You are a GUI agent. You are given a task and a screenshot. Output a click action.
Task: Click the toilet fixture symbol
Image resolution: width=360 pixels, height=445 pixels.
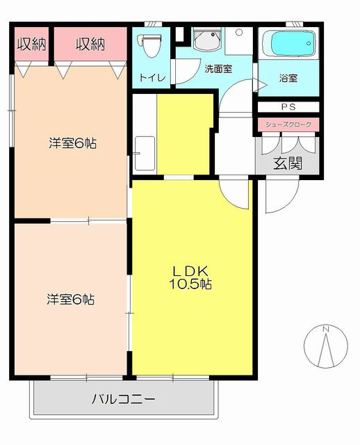click(x=149, y=44)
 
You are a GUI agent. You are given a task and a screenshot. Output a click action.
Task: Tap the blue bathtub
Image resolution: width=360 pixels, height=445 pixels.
click(x=289, y=44)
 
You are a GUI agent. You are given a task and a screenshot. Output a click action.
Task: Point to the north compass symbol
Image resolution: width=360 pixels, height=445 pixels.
click(x=326, y=346)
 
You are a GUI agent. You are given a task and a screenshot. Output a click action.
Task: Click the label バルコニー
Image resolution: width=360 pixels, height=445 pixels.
click(x=124, y=399)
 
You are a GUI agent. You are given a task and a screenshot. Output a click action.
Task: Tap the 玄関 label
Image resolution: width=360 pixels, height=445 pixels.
click(x=288, y=163)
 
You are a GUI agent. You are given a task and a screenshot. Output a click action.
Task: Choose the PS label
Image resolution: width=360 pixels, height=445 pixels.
click(x=288, y=106)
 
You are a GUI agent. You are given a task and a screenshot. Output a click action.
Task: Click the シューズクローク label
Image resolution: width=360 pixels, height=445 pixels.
click(x=288, y=124)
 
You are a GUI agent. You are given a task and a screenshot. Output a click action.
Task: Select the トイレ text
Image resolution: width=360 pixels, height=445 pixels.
click(x=152, y=77)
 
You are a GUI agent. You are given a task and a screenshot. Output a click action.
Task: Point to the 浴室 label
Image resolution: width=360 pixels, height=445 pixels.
click(x=288, y=78)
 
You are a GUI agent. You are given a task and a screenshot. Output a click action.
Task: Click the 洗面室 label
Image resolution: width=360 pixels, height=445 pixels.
click(x=218, y=69)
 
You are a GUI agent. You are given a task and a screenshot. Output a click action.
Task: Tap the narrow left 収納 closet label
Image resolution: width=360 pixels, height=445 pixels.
click(x=31, y=44)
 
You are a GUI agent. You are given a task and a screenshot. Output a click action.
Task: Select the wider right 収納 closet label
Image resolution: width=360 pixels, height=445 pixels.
click(x=90, y=44)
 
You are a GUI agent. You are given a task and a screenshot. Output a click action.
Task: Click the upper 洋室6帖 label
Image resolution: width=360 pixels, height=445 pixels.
click(x=72, y=143)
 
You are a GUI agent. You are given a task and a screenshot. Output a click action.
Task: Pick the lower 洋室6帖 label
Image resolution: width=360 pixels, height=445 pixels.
click(x=71, y=300)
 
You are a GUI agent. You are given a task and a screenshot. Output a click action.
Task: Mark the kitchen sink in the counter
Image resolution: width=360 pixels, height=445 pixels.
click(x=145, y=154)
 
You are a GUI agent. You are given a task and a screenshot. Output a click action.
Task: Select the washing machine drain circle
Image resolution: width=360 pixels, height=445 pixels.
click(x=239, y=33)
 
